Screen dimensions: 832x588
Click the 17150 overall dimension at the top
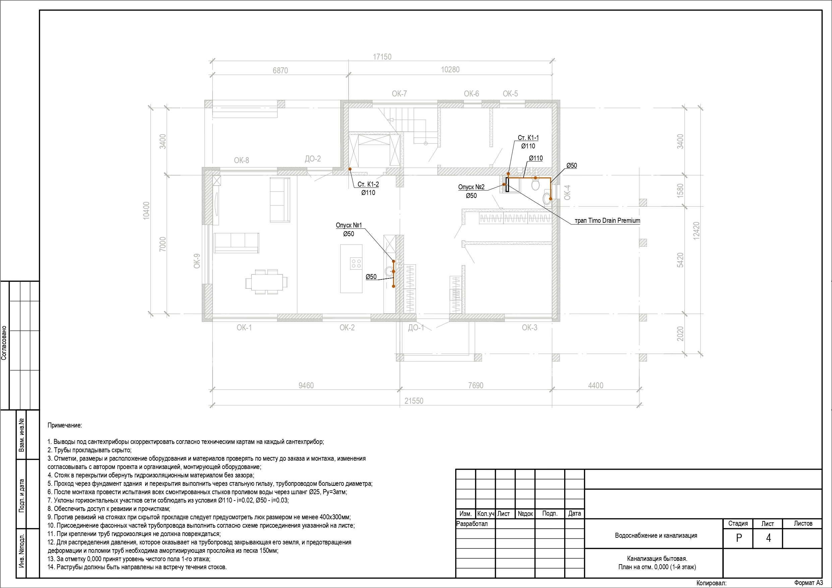click(x=382, y=57)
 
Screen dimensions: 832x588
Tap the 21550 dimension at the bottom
click(x=414, y=401)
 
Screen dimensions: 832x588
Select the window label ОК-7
click(x=399, y=94)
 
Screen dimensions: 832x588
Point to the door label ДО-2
click(x=313, y=159)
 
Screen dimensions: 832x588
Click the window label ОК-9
click(x=197, y=261)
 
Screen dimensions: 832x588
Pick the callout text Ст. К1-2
click(x=368, y=184)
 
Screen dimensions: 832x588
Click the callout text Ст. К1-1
click(x=528, y=138)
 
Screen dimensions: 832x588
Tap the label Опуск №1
click(x=349, y=225)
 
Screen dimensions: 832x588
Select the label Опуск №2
click(x=471, y=187)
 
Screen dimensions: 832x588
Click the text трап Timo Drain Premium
click(x=607, y=221)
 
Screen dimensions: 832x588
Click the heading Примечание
click(x=65, y=425)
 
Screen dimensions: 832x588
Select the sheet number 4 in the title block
click(x=768, y=538)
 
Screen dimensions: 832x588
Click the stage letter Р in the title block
click(x=739, y=538)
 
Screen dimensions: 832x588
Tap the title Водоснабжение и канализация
click(x=656, y=535)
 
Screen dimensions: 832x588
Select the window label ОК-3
click(x=529, y=328)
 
